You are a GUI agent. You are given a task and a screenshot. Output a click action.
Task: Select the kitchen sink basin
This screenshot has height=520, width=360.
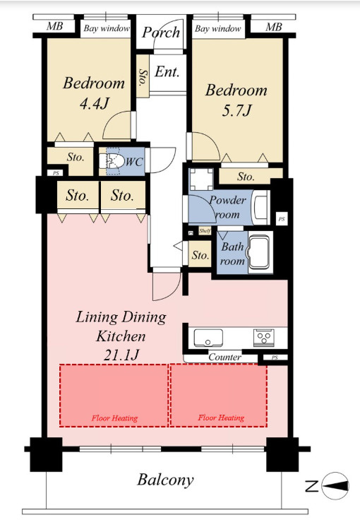[x=208, y=338]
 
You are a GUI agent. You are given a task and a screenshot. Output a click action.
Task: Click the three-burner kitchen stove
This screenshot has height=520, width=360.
[x=263, y=338]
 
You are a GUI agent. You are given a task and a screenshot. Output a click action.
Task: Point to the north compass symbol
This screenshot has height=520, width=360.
[x=335, y=486]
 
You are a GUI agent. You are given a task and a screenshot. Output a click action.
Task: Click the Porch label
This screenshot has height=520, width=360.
[x=161, y=32]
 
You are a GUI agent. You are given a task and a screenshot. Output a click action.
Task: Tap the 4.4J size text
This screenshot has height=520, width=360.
[x=94, y=104]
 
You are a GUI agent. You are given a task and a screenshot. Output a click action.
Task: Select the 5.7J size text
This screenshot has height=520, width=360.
[x=236, y=110]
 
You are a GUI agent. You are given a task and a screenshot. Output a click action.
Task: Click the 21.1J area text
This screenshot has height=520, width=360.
[x=121, y=355]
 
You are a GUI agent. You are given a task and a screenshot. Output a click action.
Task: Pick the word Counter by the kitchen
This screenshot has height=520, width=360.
[x=225, y=357]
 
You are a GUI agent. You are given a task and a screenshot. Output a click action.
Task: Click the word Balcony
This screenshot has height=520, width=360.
[x=165, y=480]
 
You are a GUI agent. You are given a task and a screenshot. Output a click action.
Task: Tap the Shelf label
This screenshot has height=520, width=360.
[x=205, y=230]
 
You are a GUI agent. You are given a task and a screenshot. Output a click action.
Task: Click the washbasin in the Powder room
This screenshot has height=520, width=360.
[x=261, y=207]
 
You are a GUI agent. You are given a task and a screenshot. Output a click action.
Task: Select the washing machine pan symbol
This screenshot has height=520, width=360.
[x=201, y=179]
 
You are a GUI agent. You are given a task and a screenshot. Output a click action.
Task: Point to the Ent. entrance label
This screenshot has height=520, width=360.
[x=167, y=71]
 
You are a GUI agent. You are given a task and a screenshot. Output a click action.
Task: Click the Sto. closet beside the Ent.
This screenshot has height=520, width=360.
[x=143, y=76]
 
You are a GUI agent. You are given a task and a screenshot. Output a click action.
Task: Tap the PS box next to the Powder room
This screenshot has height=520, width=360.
[x=282, y=219]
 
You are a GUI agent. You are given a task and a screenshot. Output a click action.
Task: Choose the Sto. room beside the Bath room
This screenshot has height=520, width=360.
[x=200, y=254]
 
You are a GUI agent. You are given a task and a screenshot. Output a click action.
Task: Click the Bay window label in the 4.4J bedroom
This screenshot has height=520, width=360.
[x=107, y=28]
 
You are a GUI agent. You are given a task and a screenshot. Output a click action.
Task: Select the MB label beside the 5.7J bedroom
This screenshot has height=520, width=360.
[x=274, y=27]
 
